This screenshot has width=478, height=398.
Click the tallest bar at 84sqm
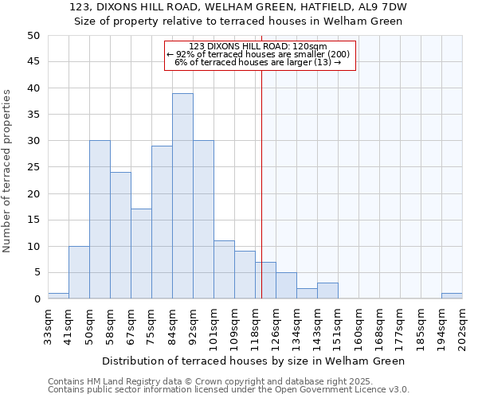(x=182, y=196)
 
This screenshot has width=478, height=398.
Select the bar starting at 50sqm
(x=100, y=220)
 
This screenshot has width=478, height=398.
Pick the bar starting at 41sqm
(x=79, y=272)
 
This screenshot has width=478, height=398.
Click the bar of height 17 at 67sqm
(x=141, y=254)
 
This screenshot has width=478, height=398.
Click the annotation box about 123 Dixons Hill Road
(x=259, y=55)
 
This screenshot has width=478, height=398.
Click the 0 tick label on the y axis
(x=37, y=299)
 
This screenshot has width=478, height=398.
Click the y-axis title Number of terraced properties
(x=8, y=170)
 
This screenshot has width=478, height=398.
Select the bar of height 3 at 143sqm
(x=327, y=291)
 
